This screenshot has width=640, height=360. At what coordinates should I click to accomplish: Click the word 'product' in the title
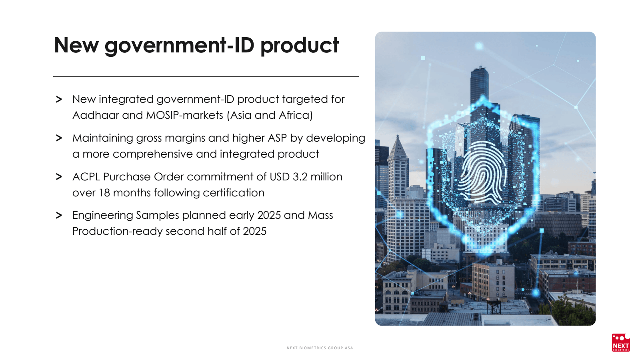point(300,46)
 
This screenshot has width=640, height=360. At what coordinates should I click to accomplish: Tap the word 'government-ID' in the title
point(180,46)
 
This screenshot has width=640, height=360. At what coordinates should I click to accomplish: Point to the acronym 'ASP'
point(278,138)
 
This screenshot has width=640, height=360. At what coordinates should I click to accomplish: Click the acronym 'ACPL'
point(86,177)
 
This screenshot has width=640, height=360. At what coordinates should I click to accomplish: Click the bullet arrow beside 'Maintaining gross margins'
point(59,138)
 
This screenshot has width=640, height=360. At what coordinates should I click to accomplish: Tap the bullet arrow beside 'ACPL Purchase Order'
point(59,177)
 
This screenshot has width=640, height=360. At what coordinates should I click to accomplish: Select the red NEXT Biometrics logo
point(620,342)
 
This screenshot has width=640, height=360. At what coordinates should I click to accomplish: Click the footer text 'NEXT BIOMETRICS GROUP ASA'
point(320,348)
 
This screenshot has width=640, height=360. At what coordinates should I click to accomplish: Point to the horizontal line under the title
point(206,76)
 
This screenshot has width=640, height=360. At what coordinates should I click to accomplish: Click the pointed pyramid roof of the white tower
point(398,146)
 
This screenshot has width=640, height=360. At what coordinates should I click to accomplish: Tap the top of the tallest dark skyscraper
point(480,68)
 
